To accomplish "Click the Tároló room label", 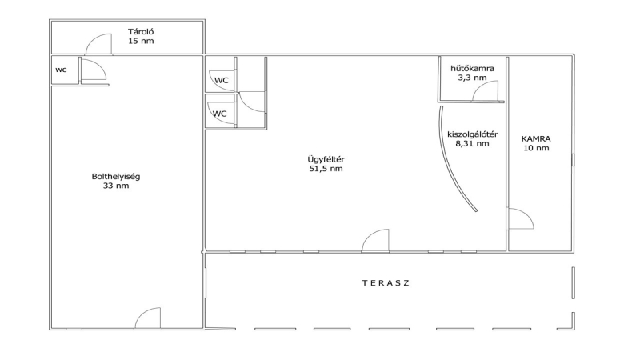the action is (141, 32).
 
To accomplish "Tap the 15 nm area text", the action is (141, 41).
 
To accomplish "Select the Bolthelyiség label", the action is (116, 177).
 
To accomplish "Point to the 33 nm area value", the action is (116, 186).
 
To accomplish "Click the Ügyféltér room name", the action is (326, 159).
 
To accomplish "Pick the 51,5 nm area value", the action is (326, 169).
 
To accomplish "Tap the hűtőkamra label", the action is (472, 69).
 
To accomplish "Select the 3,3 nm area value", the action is (472, 78).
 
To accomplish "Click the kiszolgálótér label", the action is (472, 134).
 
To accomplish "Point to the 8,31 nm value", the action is (472, 143).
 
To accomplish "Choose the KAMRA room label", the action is (536, 138).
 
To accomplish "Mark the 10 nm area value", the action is (536, 148).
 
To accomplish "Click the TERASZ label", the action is (386, 283).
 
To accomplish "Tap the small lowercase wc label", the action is (61, 70).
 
